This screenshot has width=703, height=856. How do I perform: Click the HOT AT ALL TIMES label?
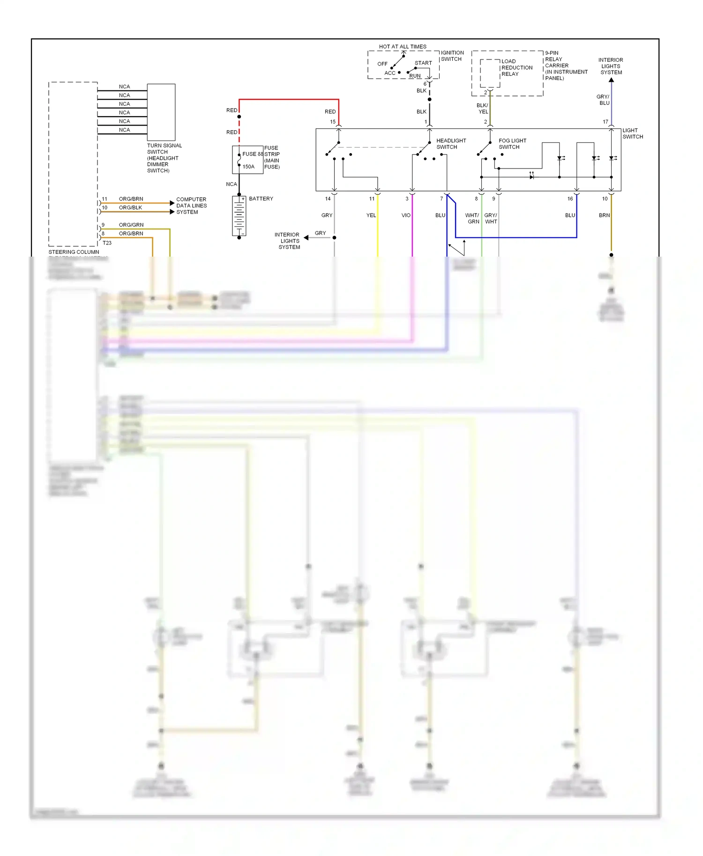click(x=403, y=47)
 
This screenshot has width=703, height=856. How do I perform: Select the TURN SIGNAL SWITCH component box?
click(x=161, y=112)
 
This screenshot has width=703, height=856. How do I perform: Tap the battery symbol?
click(x=239, y=216)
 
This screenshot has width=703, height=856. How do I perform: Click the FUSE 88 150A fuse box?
click(x=247, y=160)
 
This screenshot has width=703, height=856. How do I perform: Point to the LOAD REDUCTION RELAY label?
click(x=516, y=67)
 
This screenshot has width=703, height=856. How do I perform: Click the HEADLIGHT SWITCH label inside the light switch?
click(x=451, y=144)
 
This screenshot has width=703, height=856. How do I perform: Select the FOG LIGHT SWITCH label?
click(x=512, y=144)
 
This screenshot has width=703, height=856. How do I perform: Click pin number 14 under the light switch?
click(x=328, y=199)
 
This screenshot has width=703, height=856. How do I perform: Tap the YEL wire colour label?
click(x=371, y=215)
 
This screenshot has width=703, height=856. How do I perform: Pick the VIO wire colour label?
click(x=406, y=215)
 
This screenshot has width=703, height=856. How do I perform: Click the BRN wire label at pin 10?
click(x=604, y=215)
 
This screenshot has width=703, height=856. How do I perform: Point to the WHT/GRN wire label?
click(x=472, y=218)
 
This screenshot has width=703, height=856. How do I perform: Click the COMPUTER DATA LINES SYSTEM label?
click(x=191, y=206)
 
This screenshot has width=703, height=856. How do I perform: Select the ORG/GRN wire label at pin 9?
click(x=131, y=225)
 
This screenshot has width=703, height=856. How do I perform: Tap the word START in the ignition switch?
click(x=423, y=63)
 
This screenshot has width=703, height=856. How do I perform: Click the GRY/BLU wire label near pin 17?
click(x=603, y=100)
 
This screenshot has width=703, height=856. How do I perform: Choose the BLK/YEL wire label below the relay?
click(x=483, y=109)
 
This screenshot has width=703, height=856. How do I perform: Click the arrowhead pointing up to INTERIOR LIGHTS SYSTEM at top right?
click(x=611, y=80)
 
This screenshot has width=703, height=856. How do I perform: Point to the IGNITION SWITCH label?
click(x=452, y=56)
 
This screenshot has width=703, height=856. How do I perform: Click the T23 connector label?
click(x=107, y=243)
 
